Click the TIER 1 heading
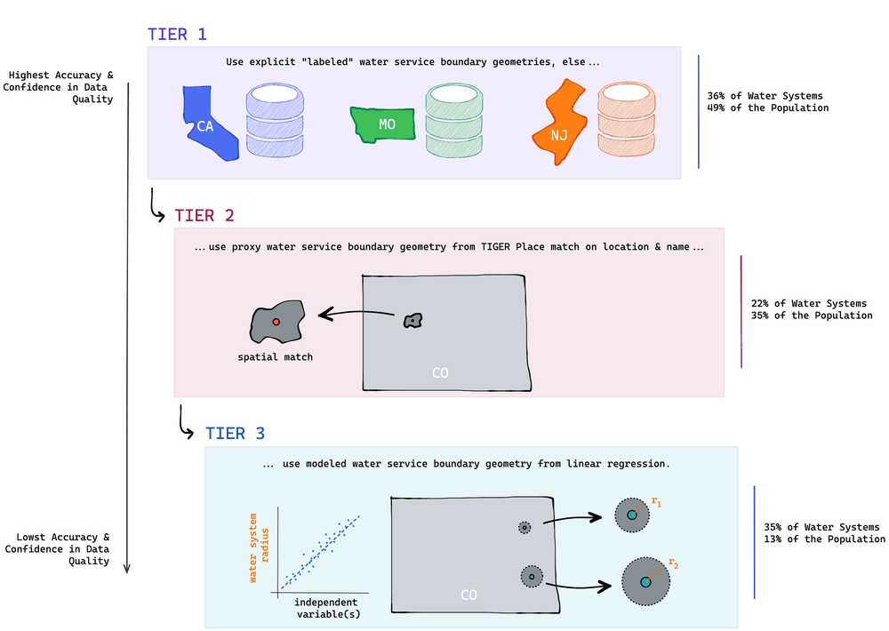[177, 35]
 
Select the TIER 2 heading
[204, 216]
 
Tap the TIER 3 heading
[235, 434]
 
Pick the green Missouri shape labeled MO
[385, 124]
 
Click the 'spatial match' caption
[275, 357]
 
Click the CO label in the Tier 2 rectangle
[440, 372]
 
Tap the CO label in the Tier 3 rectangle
[469, 593]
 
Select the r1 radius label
[656, 502]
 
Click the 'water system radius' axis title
[258, 547]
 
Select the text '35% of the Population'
[812, 315]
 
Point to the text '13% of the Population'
[824, 539]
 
